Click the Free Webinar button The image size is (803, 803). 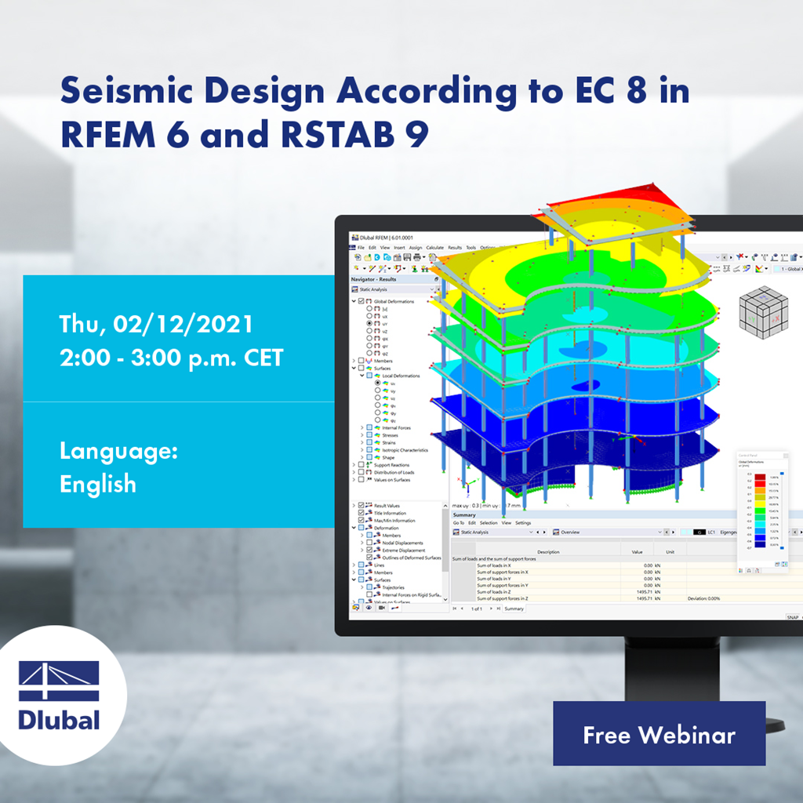(659, 734)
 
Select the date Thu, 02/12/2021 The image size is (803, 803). (156, 324)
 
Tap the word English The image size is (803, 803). (98, 484)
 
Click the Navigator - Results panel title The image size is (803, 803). (374, 279)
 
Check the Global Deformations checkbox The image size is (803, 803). (361, 301)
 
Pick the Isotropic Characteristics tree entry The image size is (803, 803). (405, 450)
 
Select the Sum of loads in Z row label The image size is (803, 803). (503, 592)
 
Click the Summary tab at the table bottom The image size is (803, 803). (514, 609)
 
